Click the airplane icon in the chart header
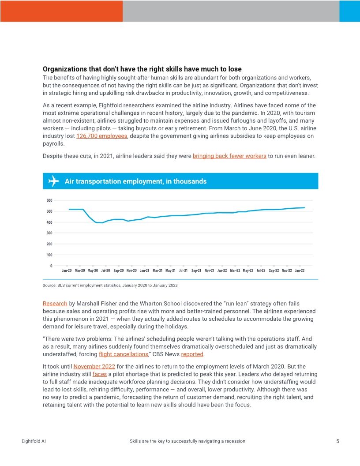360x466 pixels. pos(53,181)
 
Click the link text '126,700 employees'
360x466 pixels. pos(102,136)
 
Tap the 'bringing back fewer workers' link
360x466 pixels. pos(229,156)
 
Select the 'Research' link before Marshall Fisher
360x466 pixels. pos(55,304)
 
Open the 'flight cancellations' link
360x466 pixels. pos(123,354)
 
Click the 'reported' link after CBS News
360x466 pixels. pos(192,354)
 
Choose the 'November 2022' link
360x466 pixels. pos(94,367)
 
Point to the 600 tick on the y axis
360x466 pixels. pos(49,200)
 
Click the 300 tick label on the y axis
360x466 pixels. pos(49,233)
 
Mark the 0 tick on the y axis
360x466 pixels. pos(51,266)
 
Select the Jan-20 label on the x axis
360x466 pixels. pos(67,271)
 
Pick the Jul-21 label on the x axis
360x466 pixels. pos(184,271)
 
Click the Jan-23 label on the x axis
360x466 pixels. pos(300,271)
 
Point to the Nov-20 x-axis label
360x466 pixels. pos(132,271)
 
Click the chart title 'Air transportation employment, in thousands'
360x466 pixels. pos(135,181)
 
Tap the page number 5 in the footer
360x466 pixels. pos(337,441)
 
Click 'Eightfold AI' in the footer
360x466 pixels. pos(34,441)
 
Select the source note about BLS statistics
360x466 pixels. pos(110,286)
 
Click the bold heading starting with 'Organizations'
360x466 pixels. pos(142,69)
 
